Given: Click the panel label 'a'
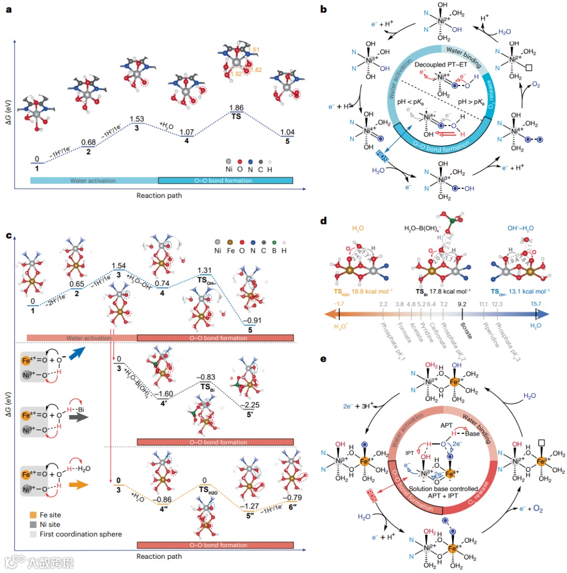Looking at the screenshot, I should coord(9,9).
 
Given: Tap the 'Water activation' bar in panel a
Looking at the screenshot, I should coord(93,181).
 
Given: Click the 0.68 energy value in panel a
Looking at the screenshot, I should coord(88,143).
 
